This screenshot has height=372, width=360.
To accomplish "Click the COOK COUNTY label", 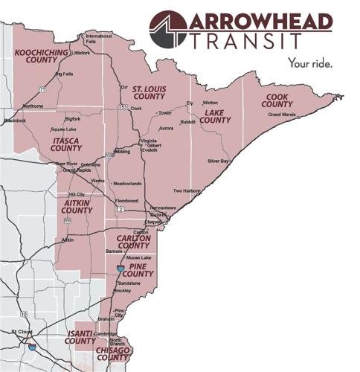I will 277,100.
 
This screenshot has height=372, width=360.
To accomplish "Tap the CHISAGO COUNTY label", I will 113,353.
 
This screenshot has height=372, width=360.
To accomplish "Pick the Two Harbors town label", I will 187,190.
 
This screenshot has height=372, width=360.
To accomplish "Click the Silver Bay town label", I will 218,161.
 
